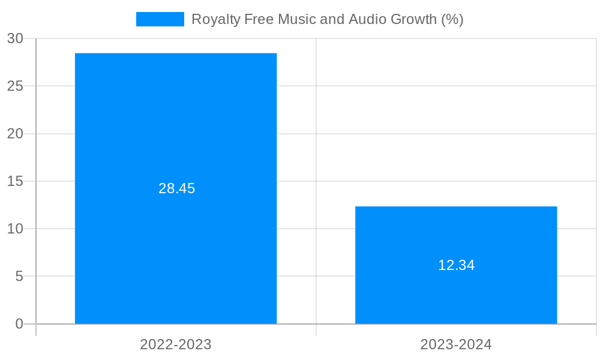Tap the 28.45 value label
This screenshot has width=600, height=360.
click(x=176, y=188)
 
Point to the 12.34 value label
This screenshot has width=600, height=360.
click(x=456, y=265)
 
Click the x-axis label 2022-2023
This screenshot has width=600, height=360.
click(x=176, y=344)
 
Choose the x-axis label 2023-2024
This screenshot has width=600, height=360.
click(x=456, y=344)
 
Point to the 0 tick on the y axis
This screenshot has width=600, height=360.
click(x=19, y=324)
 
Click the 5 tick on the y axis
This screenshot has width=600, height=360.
click(x=19, y=277)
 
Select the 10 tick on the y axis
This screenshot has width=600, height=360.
click(x=15, y=229)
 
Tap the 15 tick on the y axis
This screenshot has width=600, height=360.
click(x=15, y=181)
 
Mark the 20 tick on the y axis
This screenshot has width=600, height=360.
click(x=15, y=134)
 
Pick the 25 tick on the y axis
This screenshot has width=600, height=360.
click(x=15, y=86)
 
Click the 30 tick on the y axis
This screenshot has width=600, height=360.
click(x=15, y=38)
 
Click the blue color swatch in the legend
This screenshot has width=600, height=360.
click(x=160, y=19)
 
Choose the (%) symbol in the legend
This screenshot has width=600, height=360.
click(x=452, y=19)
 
